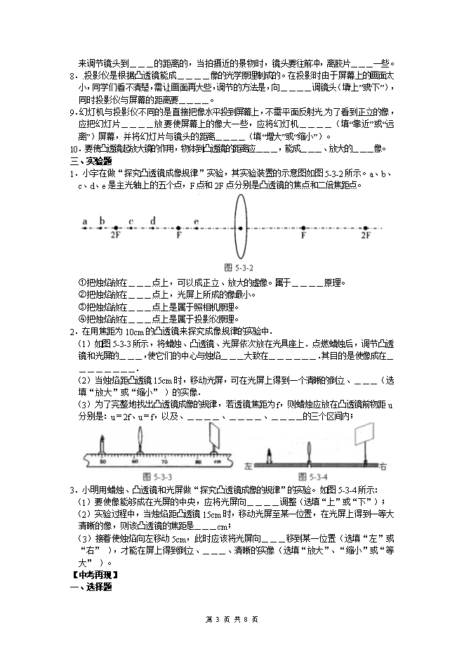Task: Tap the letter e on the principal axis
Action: tap(196, 221)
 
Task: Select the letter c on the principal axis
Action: tap(131, 221)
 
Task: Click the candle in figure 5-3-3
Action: tap(103, 447)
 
